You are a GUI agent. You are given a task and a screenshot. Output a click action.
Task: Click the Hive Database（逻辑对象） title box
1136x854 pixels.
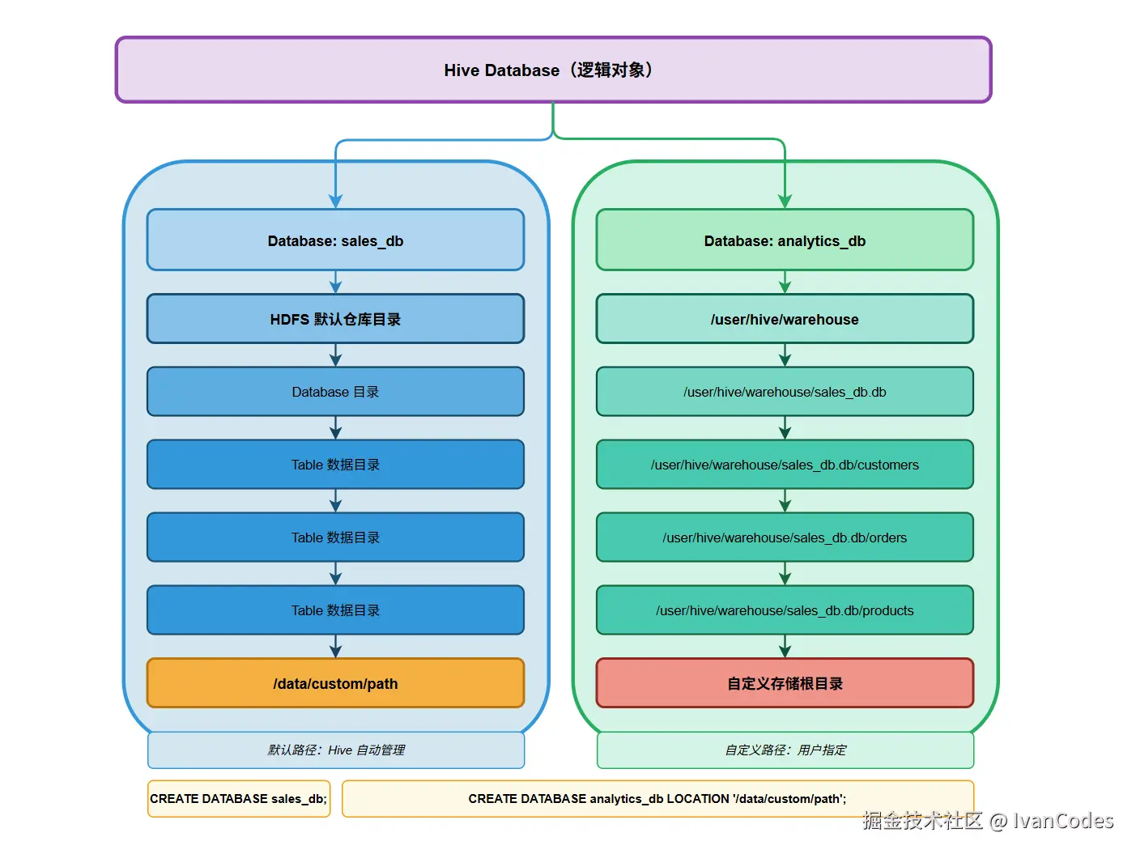(x=553, y=70)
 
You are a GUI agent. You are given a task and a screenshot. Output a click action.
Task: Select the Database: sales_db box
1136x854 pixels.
(x=335, y=240)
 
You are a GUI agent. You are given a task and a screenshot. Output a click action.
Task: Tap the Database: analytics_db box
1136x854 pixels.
(x=784, y=240)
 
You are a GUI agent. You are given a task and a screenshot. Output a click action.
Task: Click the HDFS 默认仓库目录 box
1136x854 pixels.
(x=335, y=319)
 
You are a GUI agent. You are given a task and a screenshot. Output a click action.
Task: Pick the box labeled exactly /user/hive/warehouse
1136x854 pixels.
(x=784, y=319)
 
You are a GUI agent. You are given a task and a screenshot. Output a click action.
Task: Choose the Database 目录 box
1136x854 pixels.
(x=335, y=392)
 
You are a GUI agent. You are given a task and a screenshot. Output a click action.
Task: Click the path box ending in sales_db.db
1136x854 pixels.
(x=784, y=392)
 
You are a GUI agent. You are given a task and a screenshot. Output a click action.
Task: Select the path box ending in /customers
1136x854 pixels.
(x=784, y=465)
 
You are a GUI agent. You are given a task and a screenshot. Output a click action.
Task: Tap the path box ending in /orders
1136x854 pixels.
(x=784, y=537)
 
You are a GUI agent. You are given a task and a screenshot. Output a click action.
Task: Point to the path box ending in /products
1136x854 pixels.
(x=784, y=610)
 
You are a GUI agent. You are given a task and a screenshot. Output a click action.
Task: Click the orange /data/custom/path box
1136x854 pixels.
(x=335, y=683)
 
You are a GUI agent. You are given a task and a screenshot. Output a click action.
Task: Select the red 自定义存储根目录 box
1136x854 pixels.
(x=784, y=683)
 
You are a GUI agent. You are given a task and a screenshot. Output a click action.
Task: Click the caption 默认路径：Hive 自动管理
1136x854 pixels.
(x=336, y=750)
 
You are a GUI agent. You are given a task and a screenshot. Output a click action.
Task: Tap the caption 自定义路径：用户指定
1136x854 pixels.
(x=785, y=750)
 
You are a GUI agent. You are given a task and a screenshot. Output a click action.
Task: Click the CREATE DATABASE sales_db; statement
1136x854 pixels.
(x=238, y=799)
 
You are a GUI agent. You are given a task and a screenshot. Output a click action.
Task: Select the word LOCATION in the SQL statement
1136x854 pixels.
(x=697, y=799)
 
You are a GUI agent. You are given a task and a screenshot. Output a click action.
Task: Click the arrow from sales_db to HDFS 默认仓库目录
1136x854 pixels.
(x=335, y=283)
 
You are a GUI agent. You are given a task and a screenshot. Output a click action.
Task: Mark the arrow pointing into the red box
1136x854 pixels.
(x=784, y=647)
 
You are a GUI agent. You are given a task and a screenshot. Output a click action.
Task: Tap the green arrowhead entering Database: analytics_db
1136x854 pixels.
(x=784, y=201)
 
